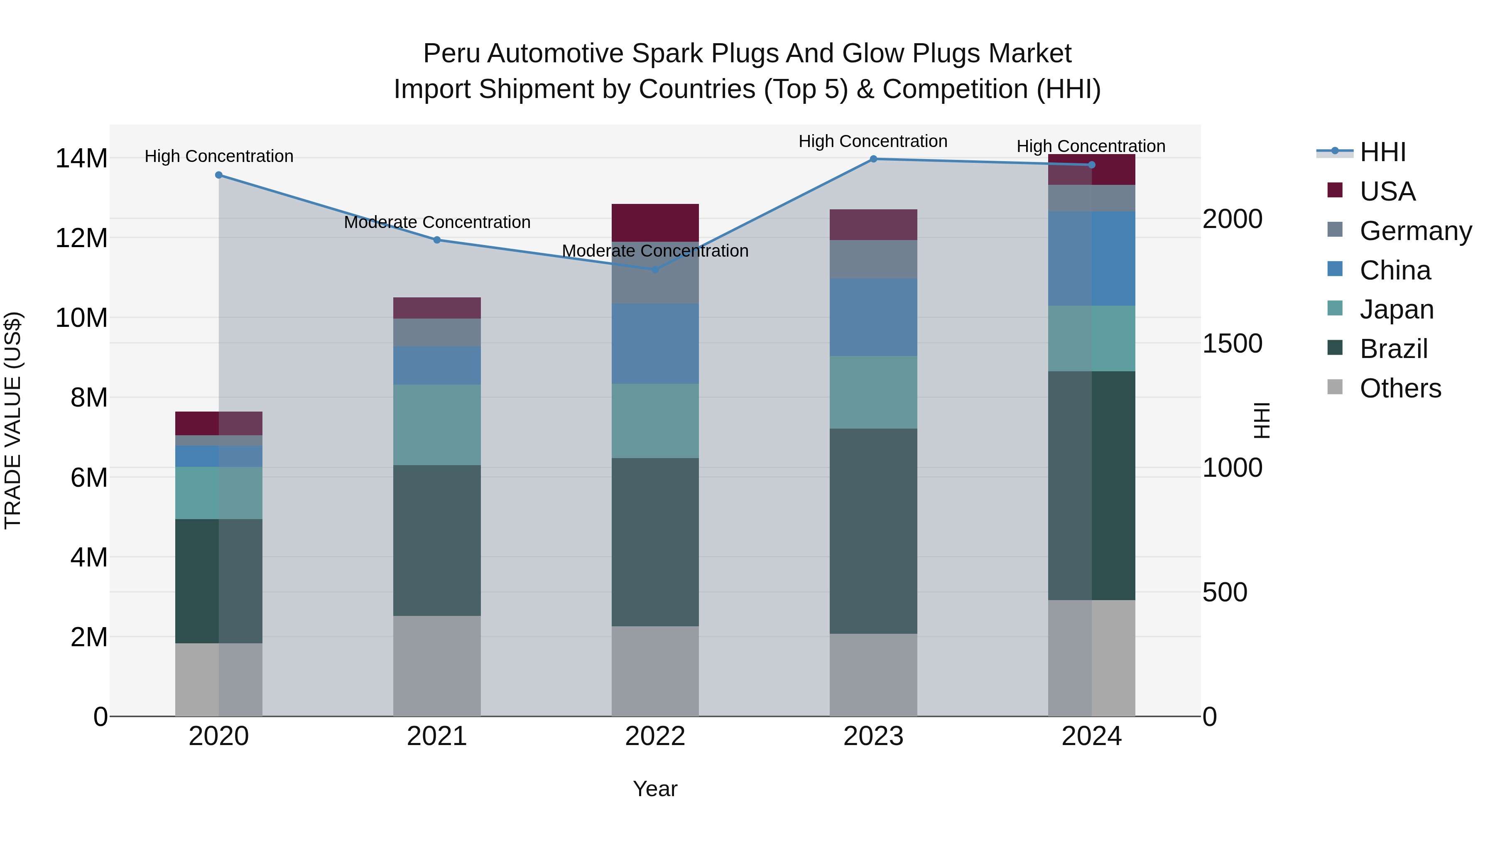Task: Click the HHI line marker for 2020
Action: pos(219,175)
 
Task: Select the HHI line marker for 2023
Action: pos(873,159)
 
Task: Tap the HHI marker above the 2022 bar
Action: pos(655,269)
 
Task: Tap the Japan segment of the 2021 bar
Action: pos(437,424)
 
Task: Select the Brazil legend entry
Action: pos(1393,349)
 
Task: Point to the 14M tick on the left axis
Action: pos(81,159)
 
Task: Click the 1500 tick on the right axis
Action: pos(1232,343)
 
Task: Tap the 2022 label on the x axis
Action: pos(655,736)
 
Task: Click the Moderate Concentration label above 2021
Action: pos(437,222)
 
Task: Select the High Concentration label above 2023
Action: pos(873,141)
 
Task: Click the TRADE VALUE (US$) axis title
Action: pos(13,420)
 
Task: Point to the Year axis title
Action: pos(655,789)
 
